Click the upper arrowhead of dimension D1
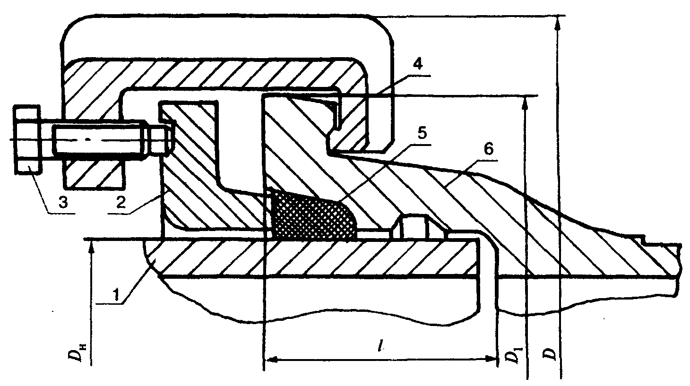[x=524, y=103]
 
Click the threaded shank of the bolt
[x=99, y=140]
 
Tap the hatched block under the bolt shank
[x=94, y=172]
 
